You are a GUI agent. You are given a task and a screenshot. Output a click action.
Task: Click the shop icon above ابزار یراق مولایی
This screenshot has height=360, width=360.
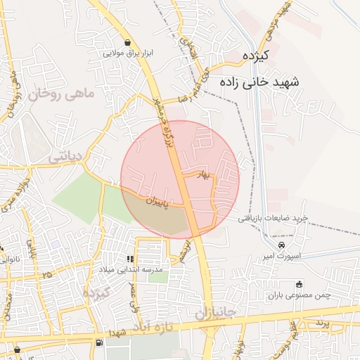(x=127, y=43)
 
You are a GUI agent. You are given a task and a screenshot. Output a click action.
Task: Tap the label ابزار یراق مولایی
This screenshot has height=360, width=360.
(x=127, y=53)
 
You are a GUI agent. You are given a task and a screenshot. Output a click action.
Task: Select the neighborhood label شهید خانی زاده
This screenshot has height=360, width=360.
(x=259, y=82)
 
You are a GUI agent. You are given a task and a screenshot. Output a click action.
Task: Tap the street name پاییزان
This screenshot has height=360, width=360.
(x=158, y=201)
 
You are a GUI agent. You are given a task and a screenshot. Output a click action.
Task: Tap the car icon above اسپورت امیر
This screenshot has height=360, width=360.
(x=281, y=245)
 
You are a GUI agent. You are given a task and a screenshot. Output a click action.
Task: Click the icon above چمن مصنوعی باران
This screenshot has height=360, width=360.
(x=300, y=284)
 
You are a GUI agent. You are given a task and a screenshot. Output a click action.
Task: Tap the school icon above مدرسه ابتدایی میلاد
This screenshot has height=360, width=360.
(x=129, y=259)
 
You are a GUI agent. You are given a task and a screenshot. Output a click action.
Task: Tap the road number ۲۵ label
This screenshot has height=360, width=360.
(x=48, y=273)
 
